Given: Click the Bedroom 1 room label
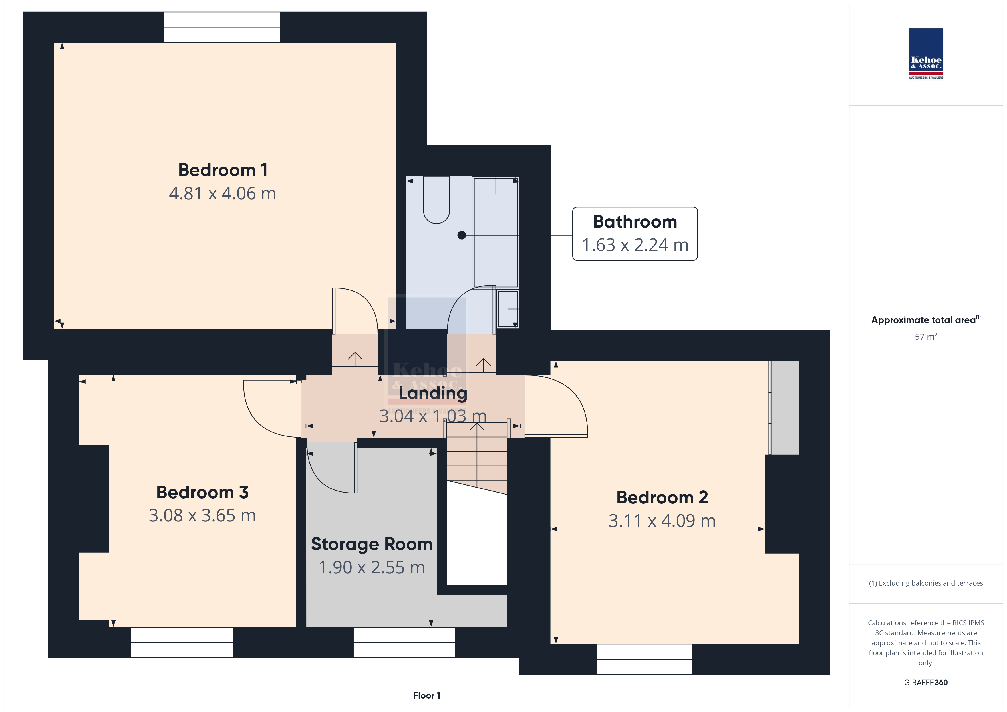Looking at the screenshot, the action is (x=223, y=170).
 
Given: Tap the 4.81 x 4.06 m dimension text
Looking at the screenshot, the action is (x=223, y=193).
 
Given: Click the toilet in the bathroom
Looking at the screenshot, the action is (x=436, y=200).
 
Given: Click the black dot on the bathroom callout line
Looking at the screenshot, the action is (x=461, y=235).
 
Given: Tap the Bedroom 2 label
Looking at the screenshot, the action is (x=662, y=497).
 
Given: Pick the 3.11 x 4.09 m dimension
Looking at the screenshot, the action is (x=662, y=521).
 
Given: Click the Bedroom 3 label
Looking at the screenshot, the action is (x=202, y=492).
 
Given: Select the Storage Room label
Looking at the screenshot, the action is (x=371, y=544).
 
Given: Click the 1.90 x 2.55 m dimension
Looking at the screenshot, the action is (x=371, y=567).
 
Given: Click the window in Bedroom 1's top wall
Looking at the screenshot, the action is (x=221, y=27).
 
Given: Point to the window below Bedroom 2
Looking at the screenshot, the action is (x=644, y=659).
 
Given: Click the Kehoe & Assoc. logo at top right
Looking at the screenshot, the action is (x=926, y=54).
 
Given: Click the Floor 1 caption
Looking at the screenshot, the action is (x=426, y=695).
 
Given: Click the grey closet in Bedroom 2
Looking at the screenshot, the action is (x=785, y=408).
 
